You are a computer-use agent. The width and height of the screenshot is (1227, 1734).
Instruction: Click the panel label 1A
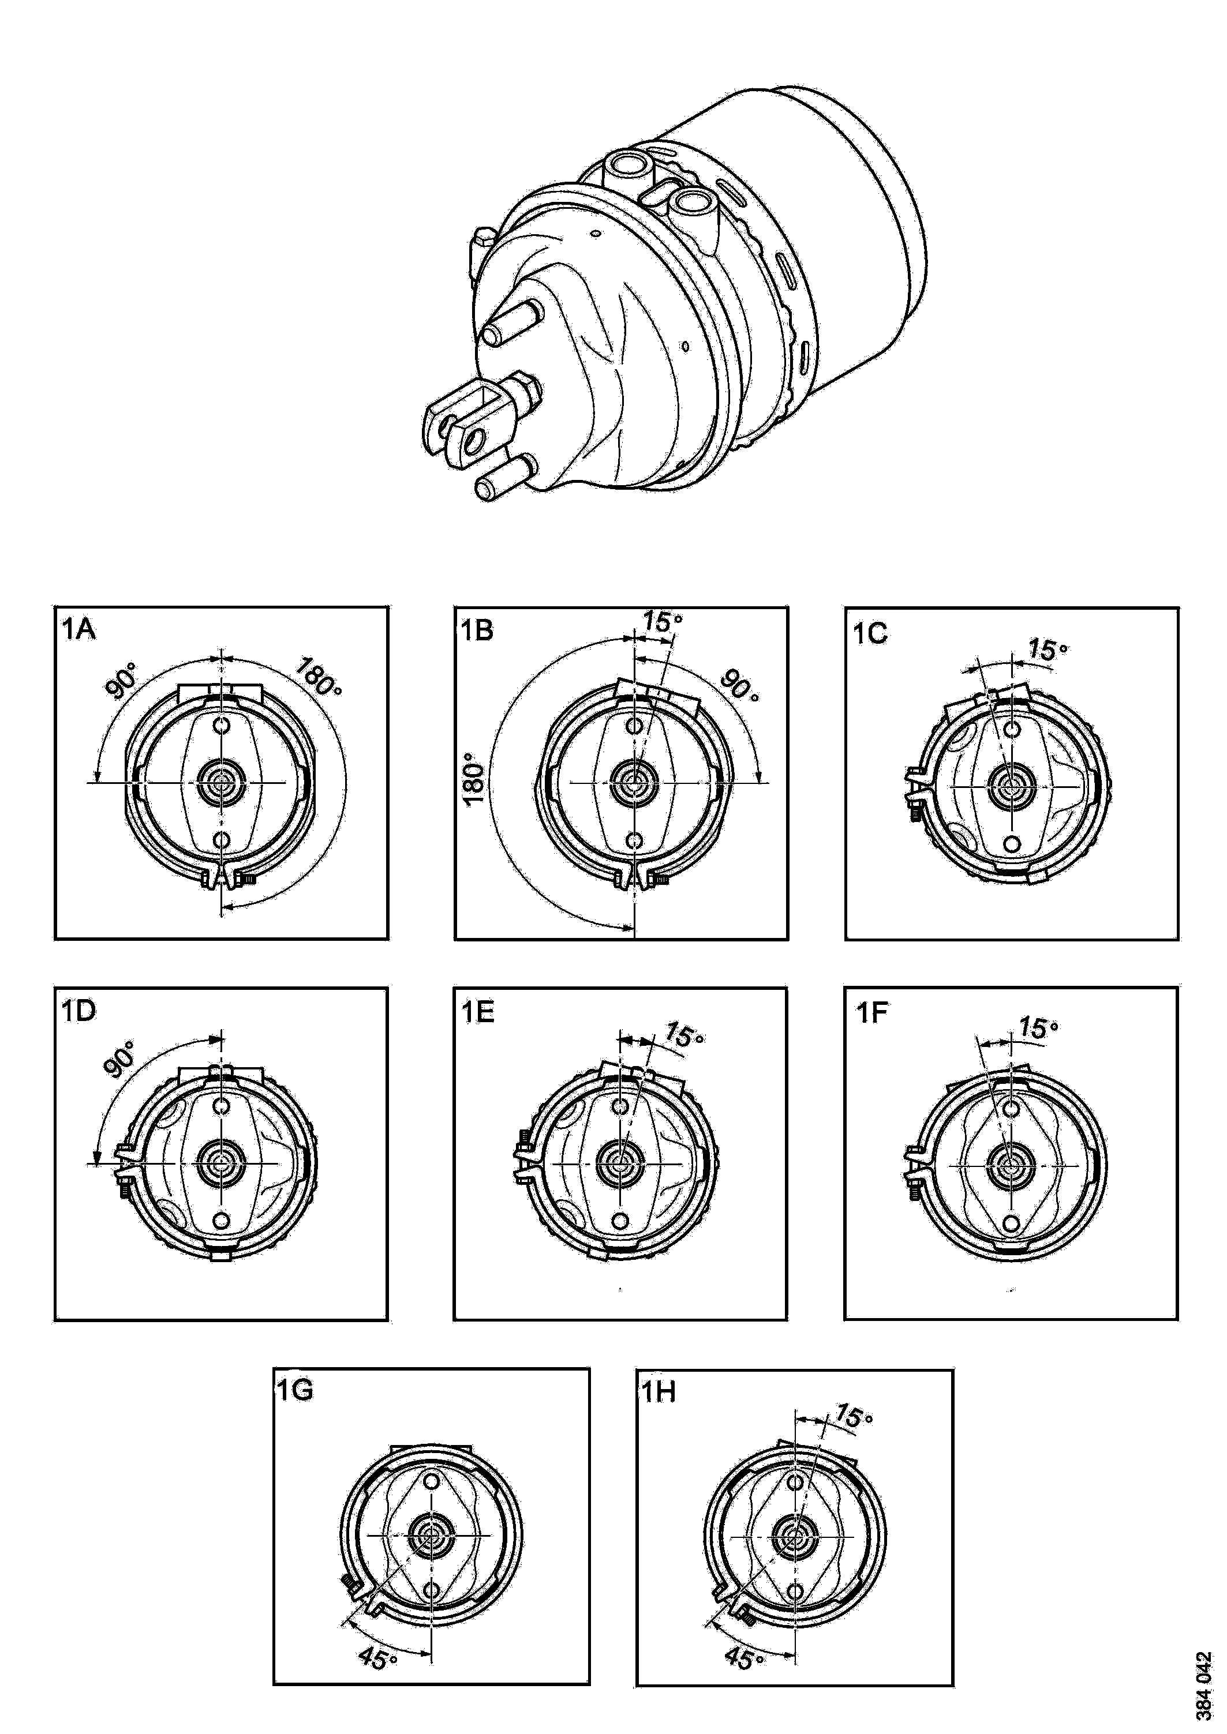click(78, 630)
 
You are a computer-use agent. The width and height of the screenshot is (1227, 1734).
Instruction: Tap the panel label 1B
click(477, 630)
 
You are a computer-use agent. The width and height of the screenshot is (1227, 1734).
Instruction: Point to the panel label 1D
click(78, 1011)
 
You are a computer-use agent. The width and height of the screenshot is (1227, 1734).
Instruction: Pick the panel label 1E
click(477, 1011)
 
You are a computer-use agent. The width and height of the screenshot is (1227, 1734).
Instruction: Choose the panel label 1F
click(870, 1012)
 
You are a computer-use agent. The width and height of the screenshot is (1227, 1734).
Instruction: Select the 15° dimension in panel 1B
click(663, 621)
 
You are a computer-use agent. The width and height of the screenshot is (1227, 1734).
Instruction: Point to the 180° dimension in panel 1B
click(473, 778)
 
